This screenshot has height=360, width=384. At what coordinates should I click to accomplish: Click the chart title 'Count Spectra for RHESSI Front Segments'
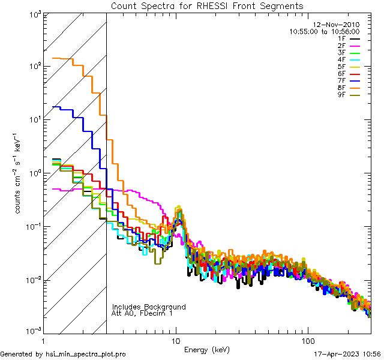207,6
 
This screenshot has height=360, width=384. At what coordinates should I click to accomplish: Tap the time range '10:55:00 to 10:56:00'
324,31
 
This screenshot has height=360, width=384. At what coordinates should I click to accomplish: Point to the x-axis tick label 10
176,341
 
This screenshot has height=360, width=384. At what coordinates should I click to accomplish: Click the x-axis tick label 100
307,341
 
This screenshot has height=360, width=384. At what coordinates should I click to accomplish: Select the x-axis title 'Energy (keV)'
207,350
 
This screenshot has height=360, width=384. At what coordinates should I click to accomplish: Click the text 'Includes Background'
149,307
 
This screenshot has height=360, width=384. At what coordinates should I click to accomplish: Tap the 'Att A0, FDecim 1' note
142,314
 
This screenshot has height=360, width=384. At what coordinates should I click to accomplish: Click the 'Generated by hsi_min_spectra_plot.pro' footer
64,355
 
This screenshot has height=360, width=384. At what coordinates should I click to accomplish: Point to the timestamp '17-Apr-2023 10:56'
348,355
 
